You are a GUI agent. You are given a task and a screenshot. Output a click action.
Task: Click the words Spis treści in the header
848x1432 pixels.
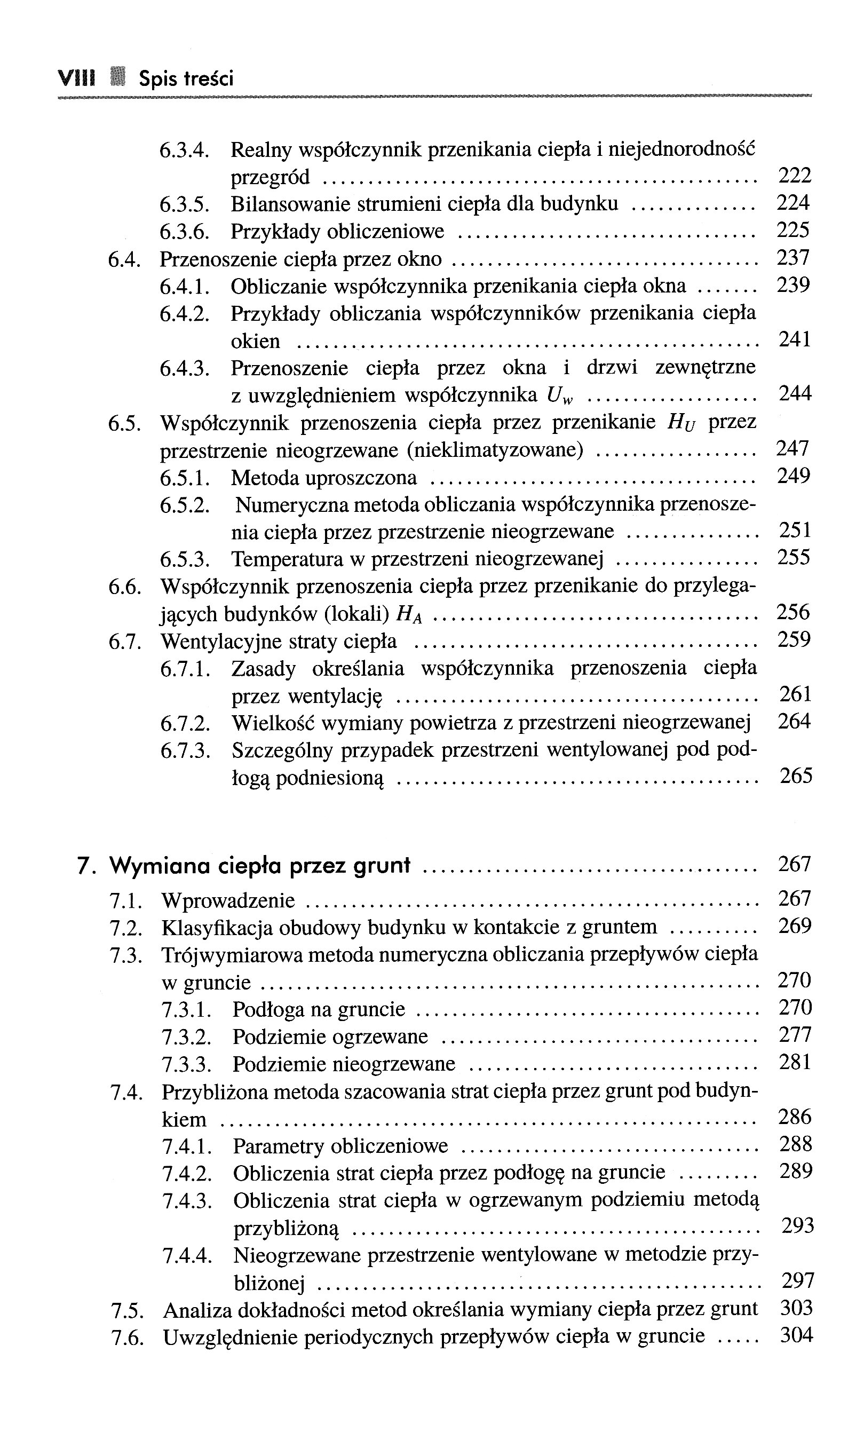(x=186, y=79)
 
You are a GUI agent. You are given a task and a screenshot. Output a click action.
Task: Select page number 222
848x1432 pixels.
(x=795, y=175)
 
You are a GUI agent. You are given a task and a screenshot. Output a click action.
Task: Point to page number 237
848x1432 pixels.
(x=793, y=258)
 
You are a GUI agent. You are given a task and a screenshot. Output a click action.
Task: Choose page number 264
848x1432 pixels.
(x=794, y=721)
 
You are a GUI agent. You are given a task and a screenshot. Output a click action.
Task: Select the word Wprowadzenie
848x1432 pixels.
(x=228, y=901)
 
